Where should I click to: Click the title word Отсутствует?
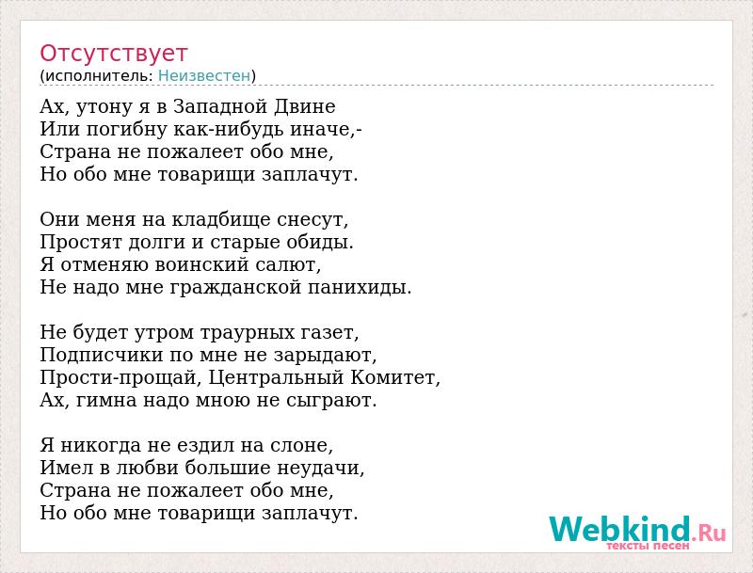tap(113, 54)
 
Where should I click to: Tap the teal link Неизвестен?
tap(204, 75)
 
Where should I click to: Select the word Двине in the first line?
tap(304, 106)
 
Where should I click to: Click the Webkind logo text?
tap(620, 530)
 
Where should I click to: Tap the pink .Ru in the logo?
tap(709, 533)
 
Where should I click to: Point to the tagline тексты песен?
tap(648, 546)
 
